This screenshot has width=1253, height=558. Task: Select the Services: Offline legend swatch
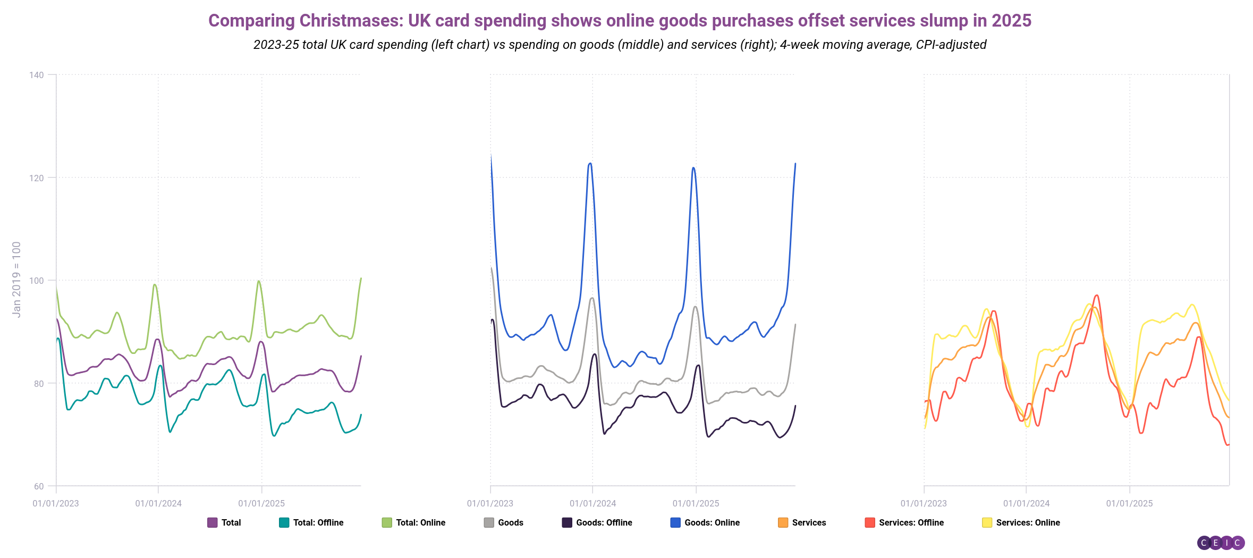870,522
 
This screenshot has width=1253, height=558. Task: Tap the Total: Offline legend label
318,522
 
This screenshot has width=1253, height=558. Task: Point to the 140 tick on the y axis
37,75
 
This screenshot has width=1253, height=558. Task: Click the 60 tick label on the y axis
39,486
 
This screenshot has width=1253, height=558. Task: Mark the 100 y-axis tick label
37,281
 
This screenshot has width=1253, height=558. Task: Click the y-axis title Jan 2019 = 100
16,280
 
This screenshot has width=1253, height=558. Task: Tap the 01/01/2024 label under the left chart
158,503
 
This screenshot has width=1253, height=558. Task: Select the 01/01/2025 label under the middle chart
696,503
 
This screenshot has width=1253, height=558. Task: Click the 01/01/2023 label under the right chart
924,503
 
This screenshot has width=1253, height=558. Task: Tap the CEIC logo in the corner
1221,543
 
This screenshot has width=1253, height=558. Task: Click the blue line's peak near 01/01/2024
590,163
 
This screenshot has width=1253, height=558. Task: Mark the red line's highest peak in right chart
1096,295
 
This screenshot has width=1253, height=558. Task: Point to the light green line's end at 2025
361,278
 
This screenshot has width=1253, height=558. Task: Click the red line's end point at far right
1228,444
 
